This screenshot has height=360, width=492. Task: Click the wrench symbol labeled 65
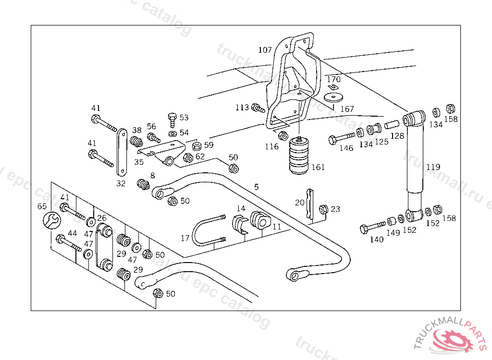click(52, 221)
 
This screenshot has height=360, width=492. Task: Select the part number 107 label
click(265, 50)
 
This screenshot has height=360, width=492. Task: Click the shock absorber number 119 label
click(433, 168)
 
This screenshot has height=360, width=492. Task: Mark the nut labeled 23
click(323, 209)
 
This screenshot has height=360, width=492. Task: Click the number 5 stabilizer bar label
click(256, 186)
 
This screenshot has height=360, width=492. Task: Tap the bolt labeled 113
click(258, 108)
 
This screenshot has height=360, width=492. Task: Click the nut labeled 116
click(283, 136)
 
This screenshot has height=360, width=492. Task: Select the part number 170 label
click(333, 79)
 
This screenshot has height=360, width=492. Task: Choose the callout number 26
click(102, 217)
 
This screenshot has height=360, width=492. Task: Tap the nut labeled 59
click(196, 145)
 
